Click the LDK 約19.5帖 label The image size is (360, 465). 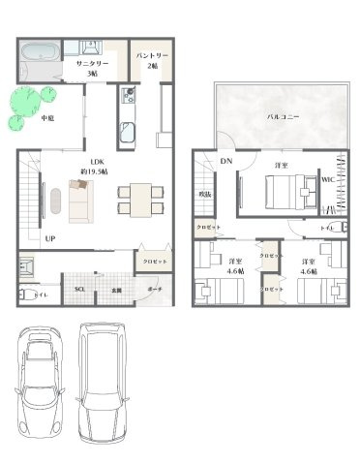click(x=96, y=167)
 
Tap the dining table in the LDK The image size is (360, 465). click(x=135, y=199)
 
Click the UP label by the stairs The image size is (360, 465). click(x=48, y=238)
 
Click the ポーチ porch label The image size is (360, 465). click(x=155, y=289)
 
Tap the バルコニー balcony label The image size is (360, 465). click(x=282, y=117)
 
